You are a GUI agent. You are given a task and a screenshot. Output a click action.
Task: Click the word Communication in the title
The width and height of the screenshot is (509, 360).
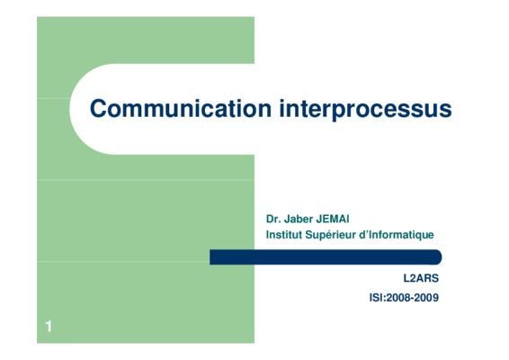[181, 108]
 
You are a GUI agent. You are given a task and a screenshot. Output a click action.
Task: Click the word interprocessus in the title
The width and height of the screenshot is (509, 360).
[365, 110]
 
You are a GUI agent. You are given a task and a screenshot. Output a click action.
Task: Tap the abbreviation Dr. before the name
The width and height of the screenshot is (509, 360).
[273, 219]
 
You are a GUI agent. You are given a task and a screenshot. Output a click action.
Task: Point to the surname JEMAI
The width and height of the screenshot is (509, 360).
[333, 219]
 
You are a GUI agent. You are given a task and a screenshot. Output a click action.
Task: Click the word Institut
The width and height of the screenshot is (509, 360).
[284, 235]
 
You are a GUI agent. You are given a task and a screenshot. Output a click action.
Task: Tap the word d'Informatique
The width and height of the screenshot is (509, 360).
[397, 235]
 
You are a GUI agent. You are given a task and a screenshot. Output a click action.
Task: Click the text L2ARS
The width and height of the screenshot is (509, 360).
[421, 278]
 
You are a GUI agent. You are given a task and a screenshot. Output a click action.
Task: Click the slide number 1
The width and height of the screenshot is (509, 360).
[49, 326]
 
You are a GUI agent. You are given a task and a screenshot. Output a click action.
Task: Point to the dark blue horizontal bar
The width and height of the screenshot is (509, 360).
[326, 257]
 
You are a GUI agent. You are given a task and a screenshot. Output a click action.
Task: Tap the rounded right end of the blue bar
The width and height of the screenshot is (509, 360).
[438, 257]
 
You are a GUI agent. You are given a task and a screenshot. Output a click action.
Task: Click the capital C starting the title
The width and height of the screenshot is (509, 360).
[98, 109]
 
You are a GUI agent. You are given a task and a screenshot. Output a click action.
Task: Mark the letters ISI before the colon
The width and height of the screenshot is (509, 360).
[376, 298]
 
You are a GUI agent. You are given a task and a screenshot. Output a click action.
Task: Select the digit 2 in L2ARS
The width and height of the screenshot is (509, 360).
[412, 278]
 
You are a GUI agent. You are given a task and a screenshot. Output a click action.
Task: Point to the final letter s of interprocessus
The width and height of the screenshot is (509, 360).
[445, 111]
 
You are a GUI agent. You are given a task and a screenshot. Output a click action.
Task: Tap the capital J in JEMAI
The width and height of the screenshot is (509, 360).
[318, 219]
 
